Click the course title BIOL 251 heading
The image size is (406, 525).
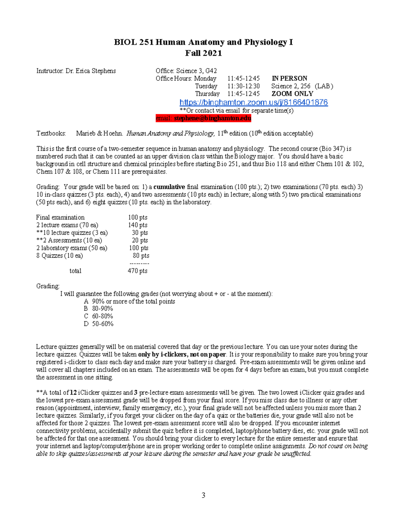pos(203,42)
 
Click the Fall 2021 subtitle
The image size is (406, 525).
pos(203,53)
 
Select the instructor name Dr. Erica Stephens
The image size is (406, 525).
pos(91,71)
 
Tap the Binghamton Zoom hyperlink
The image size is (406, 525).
pos(253,102)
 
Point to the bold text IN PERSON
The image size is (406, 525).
pos(289,78)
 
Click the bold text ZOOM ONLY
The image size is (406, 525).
pos(292,94)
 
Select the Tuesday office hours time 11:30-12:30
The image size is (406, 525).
pos(244,86)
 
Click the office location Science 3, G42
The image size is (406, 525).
pos(196,71)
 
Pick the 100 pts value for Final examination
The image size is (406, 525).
pos(138,217)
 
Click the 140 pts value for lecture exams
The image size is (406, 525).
pos(138,225)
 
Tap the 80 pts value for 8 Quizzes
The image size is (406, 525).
pos(141,256)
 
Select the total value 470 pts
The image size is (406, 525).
pos(137,271)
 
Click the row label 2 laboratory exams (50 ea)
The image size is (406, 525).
pos(72,248)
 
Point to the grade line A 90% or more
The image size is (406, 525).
pos(130,301)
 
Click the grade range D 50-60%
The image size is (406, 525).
pos(99,324)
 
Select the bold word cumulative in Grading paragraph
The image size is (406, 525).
pos(169,187)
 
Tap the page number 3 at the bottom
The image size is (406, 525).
pos(203,496)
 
